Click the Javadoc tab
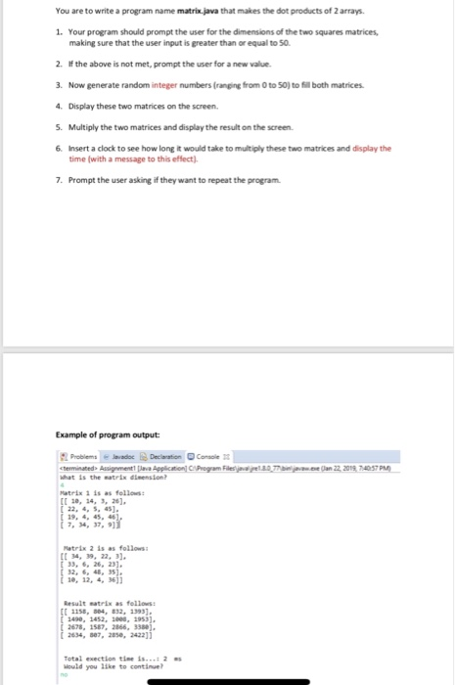point(120,454)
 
